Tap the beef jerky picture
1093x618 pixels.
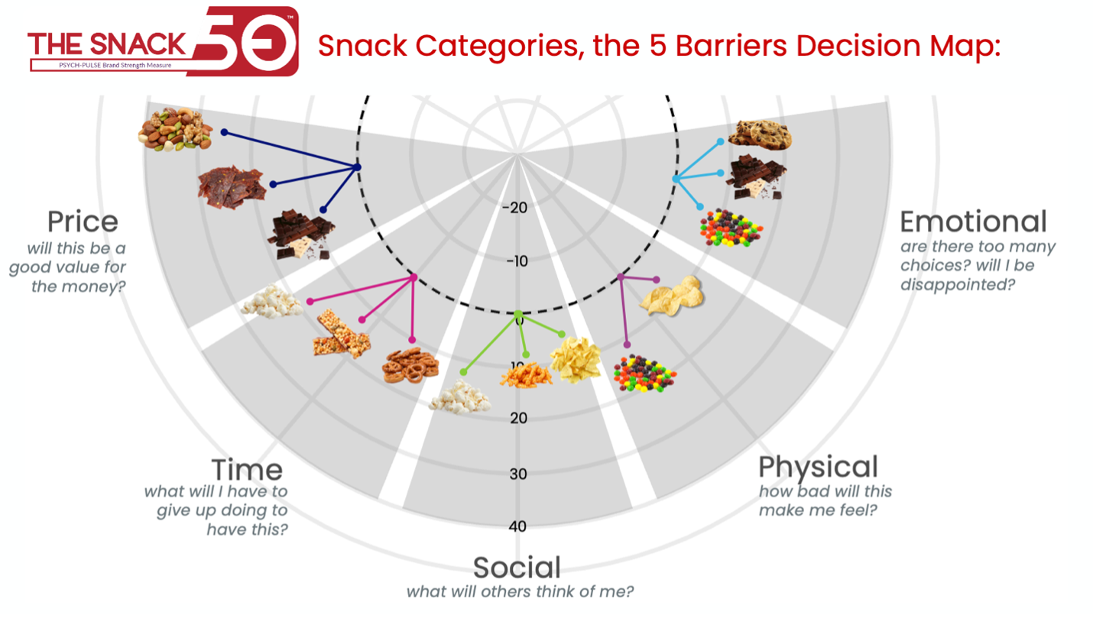[x=231, y=186]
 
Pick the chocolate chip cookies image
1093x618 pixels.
[x=758, y=135]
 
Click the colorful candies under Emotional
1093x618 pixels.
[x=731, y=226]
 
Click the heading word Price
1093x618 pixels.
[x=83, y=222]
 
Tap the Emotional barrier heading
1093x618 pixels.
[x=973, y=222]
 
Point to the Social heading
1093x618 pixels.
[x=517, y=568]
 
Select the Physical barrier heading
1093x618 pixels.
[x=818, y=466]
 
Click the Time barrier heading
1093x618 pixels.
[x=247, y=470]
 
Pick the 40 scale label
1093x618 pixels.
[x=518, y=526]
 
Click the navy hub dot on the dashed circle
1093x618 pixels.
[x=358, y=167]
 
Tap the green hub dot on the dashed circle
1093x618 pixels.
[x=518, y=314]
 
